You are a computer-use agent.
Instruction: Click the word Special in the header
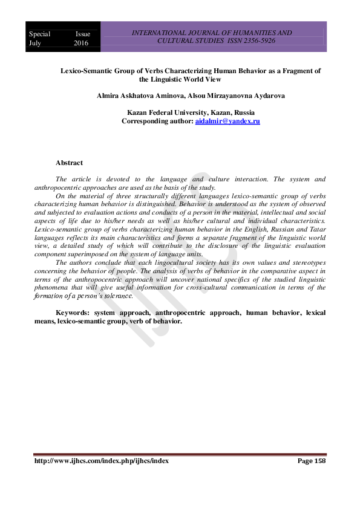pyautogui.click(x=40, y=34)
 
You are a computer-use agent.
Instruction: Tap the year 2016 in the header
pyautogui.click(x=81, y=44)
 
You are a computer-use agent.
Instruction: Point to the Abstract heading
pyautogui.click(x=69, y=163)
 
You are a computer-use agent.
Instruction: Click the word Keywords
pyautogui.click(x=73, y=313)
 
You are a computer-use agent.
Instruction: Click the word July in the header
pyautogui.click(x=36, y=44)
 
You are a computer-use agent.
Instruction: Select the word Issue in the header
pyautogui.click(x=82, y=34)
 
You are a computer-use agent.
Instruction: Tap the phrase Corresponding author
pyautogui.click(x=154, y=122)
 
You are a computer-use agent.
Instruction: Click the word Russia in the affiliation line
pyautogui.click(x=243, y=113)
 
